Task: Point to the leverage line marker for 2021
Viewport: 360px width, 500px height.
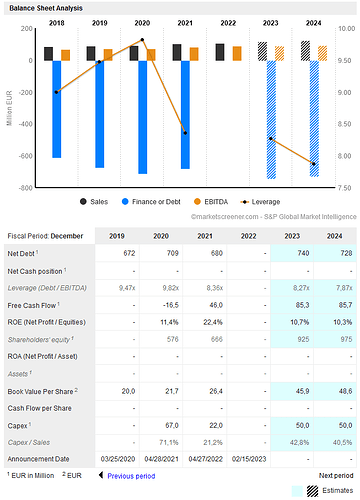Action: click(185, 132)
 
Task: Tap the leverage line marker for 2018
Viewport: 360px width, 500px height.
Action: click(56, 92)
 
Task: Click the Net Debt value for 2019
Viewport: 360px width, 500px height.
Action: click(129, 254)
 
